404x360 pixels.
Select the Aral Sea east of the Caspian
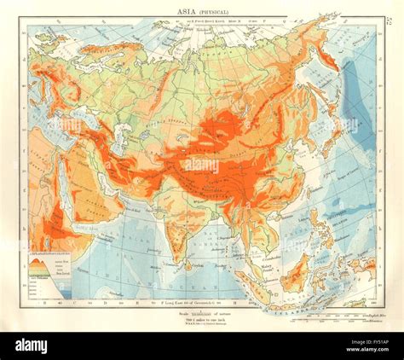click(146, 127)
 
